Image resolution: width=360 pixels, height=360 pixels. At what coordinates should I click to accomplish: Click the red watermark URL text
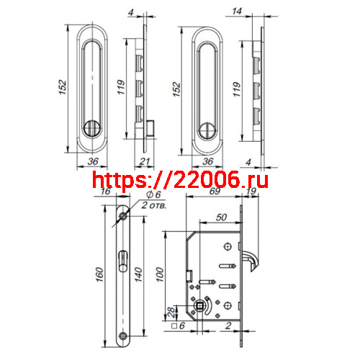pyautogui.click(x=181, y=180)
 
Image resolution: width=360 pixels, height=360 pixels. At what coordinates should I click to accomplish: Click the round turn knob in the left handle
pyautogui.click(x=91, y=130)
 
